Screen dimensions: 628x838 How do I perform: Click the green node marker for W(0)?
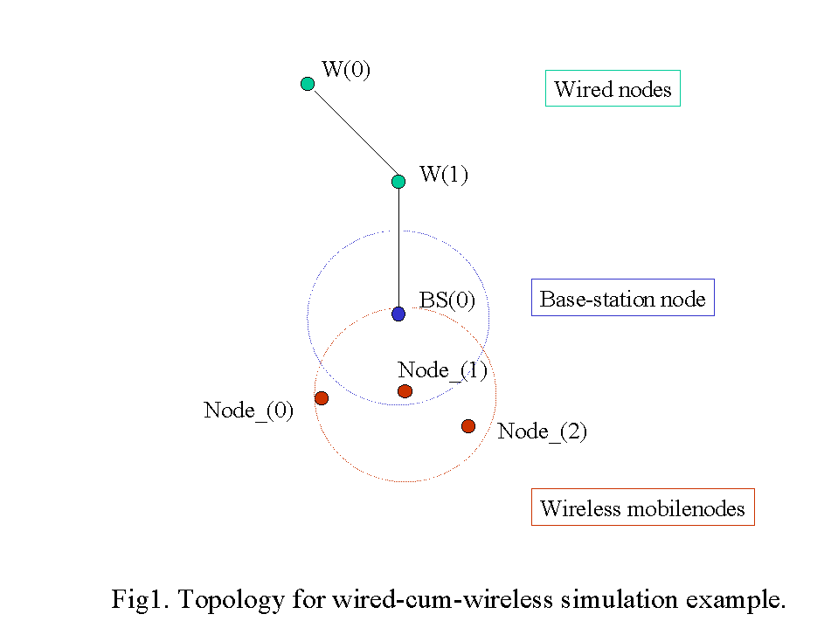pos(308,84)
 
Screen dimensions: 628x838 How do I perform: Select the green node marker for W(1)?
pos(398,182)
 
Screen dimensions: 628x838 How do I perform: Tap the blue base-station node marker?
pos(398,314)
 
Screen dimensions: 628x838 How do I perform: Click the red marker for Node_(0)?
pos(322,398)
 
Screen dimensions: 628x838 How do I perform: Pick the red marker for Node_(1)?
pos(405,391)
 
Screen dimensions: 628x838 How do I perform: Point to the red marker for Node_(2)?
pos(468,426)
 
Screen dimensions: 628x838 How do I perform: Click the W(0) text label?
pos(346,70)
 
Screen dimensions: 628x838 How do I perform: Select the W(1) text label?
pos(444,175)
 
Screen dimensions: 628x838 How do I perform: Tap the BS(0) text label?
pos(447,300)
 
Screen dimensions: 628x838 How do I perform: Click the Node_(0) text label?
pos(248,410)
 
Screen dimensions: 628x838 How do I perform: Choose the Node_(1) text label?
pos(442,369)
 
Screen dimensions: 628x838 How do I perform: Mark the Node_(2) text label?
pos(542,431)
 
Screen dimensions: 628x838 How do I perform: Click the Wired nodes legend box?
pos(613,89)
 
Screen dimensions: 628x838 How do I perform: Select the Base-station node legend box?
pos(622,299)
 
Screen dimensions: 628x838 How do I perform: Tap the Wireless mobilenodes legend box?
pos(642,508)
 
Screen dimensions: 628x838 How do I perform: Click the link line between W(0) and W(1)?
pos(353,133)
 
